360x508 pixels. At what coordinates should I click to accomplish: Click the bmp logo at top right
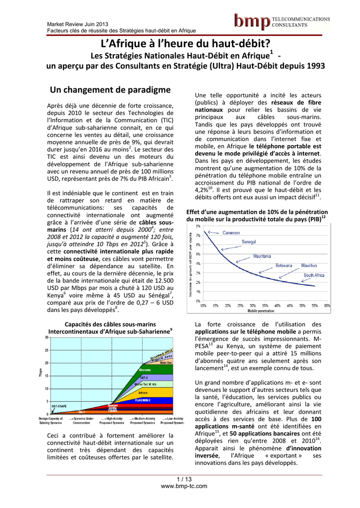coord(282,21)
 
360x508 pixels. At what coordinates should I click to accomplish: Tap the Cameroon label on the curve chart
coord(231,233)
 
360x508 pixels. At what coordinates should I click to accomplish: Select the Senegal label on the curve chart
coord(249,242)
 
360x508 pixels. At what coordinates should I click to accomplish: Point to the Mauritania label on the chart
coord(262,256)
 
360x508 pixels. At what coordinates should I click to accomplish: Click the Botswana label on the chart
coord(284,265)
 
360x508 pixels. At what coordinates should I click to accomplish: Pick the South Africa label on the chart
coord(314,275)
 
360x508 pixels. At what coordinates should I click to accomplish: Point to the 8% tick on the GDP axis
coord(198,226)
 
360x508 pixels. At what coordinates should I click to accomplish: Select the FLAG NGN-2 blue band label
coord(143,400)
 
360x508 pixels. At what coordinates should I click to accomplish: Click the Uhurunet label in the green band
coord(144,370)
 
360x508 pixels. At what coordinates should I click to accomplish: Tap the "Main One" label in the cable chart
coord(166,362)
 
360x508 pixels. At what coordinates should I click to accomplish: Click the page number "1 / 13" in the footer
coord(184,479)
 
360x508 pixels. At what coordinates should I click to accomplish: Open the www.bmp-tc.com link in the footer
coord(184,486)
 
